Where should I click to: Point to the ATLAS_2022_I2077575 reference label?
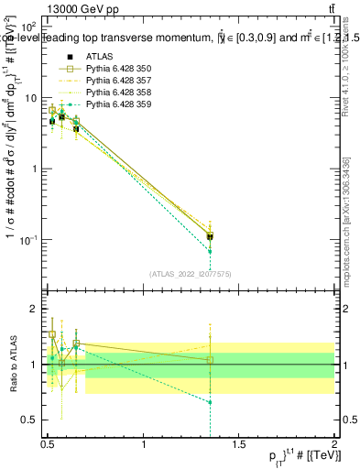pyautogui.click(x=190, y=273)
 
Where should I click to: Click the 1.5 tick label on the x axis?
pyautogui.click(x=240, y=445)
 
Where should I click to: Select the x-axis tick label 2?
pyautogui.click(x=335, y=445)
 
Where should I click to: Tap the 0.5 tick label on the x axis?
pyautogui.click(x=48, y=445)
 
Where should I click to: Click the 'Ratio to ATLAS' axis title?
pyautogui.click(x=12, y=365)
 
